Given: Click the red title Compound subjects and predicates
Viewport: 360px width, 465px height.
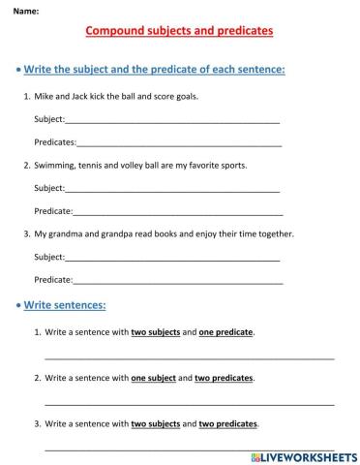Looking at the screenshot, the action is pyautogui.click(x=179, y=31).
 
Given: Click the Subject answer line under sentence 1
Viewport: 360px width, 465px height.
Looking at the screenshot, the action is pyautogui.click(x=172, y=122).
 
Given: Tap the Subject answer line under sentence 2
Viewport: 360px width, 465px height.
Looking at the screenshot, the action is pyautogui.click(x=172, y=190).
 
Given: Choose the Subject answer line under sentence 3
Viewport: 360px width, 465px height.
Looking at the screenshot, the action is pyautogui.click(x=172, y=259).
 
